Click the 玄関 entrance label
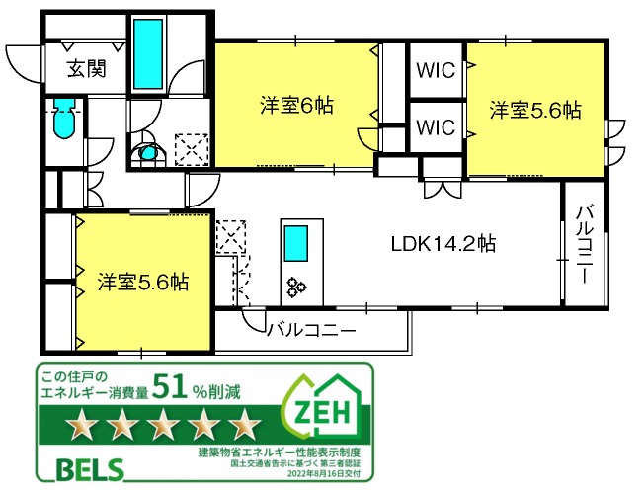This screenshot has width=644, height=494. coord(87,68)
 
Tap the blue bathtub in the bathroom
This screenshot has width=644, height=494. coord(148,53)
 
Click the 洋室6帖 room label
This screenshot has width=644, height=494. coord(296,106)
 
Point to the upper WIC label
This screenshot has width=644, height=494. coord(436,71)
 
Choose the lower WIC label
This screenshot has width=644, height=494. coord(436,127)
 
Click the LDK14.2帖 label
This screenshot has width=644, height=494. coord(443,244)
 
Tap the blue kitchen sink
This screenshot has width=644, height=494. coord(296,243)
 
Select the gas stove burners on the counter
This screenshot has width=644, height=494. coord(296,287)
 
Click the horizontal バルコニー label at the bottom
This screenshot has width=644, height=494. coord(311,330)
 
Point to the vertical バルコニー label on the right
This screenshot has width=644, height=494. coord(583,245)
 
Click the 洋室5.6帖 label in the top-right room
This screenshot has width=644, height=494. coord(535,110)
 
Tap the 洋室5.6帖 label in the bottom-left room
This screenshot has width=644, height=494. coord(143,283)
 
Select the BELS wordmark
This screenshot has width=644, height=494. coord(90,469)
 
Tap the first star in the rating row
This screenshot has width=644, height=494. coord(82,423)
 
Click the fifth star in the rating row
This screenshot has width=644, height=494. coord(245,423)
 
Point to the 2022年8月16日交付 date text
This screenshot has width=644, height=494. coord(324,474)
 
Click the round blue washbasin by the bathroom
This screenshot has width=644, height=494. coord(147,153)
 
